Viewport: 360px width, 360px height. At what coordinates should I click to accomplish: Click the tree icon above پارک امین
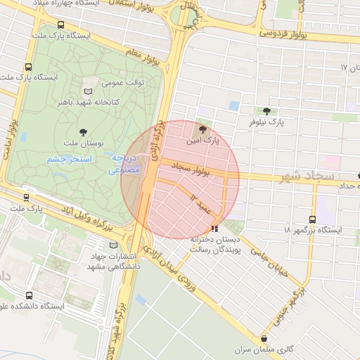click(x=204, y=129)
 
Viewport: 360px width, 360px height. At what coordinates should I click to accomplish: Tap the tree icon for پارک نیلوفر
click(x=266, y=111)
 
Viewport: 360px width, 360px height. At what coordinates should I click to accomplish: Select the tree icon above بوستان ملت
click(x=84, y=131)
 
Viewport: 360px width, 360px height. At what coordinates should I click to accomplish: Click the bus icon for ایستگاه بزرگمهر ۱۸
click(x=313, y=219)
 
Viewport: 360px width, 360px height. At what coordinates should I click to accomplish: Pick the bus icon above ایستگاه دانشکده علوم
click(x=29, y=295)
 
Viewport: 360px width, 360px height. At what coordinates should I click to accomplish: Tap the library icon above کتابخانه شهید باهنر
click(x=88, y=91)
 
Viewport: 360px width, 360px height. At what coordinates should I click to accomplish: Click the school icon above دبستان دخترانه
click(x=214, y=229)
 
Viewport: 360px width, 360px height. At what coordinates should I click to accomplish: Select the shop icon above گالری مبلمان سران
click(x=264, y=339)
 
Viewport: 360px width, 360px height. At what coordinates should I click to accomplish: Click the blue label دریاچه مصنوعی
click(x=126, y=164)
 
